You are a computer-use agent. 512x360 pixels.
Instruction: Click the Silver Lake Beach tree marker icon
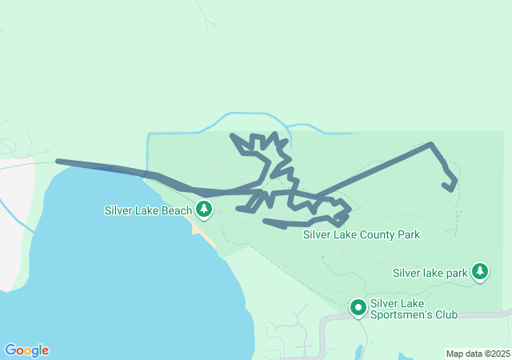point(206,210)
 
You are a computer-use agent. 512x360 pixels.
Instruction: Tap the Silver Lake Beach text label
point(148,211)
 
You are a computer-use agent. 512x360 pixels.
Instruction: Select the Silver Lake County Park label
point(362,235)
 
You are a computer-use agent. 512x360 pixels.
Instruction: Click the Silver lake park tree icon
point(480,271)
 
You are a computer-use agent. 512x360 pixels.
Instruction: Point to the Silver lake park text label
point(430,273)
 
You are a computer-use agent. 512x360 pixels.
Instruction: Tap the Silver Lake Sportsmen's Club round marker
point(358,306)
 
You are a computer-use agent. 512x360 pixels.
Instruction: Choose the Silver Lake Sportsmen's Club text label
point(414,309)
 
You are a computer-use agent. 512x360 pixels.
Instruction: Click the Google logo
point(26,350)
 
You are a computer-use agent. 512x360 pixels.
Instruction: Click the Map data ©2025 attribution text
point(477,354)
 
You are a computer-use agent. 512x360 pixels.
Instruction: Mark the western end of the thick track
point(58,162)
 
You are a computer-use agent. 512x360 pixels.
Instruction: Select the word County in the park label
point(377,235)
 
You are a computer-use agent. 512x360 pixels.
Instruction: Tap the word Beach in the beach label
point(178,211)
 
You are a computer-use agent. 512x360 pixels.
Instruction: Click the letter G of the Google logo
point(10,350)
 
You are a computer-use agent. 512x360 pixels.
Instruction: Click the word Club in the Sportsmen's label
point(445,314)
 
